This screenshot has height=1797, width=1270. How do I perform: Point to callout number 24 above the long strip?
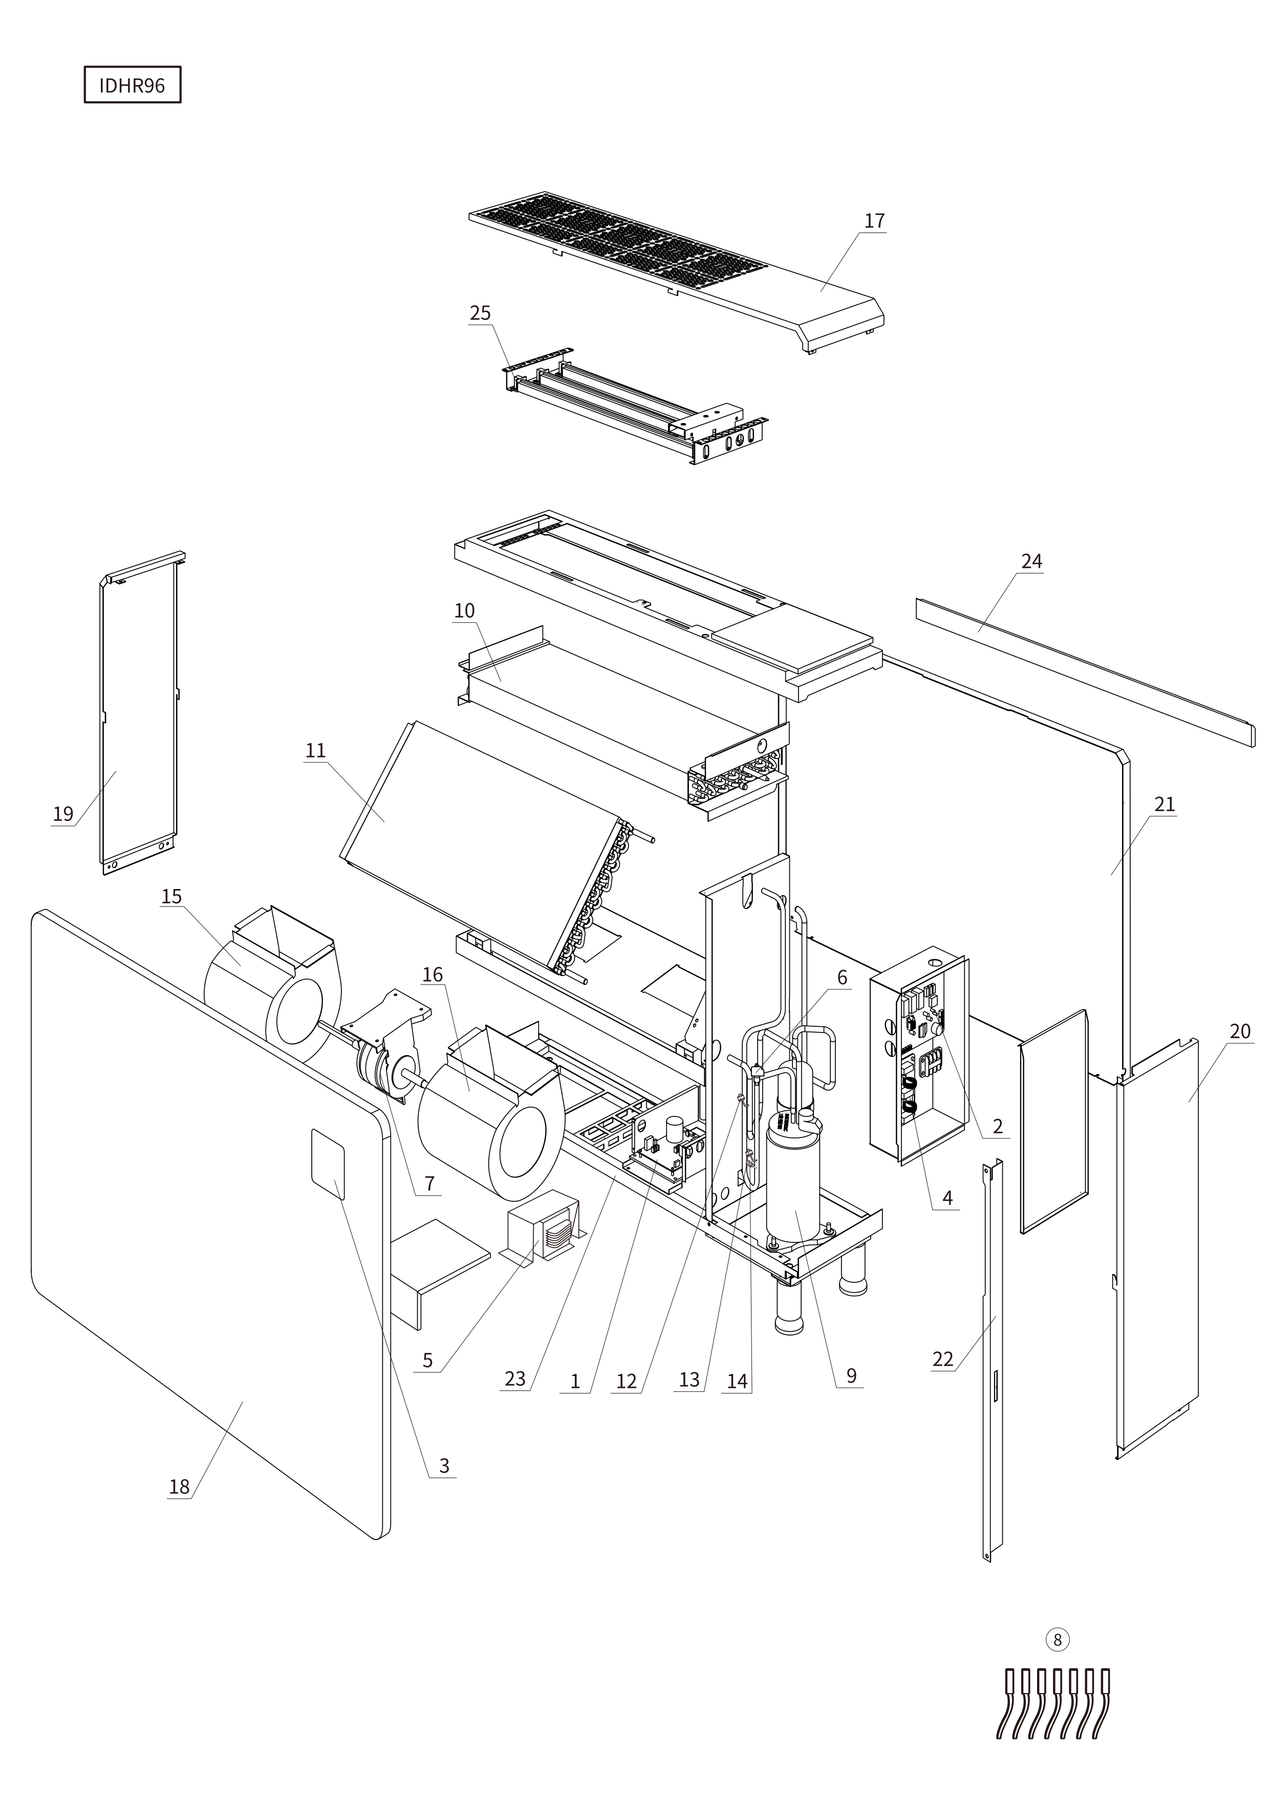pos(1031,561)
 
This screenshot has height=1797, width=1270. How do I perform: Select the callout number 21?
pos(1165,805)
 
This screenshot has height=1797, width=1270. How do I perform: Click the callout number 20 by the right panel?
pos(1239,1031)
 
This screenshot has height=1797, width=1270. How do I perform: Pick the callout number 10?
pos(464,610)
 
